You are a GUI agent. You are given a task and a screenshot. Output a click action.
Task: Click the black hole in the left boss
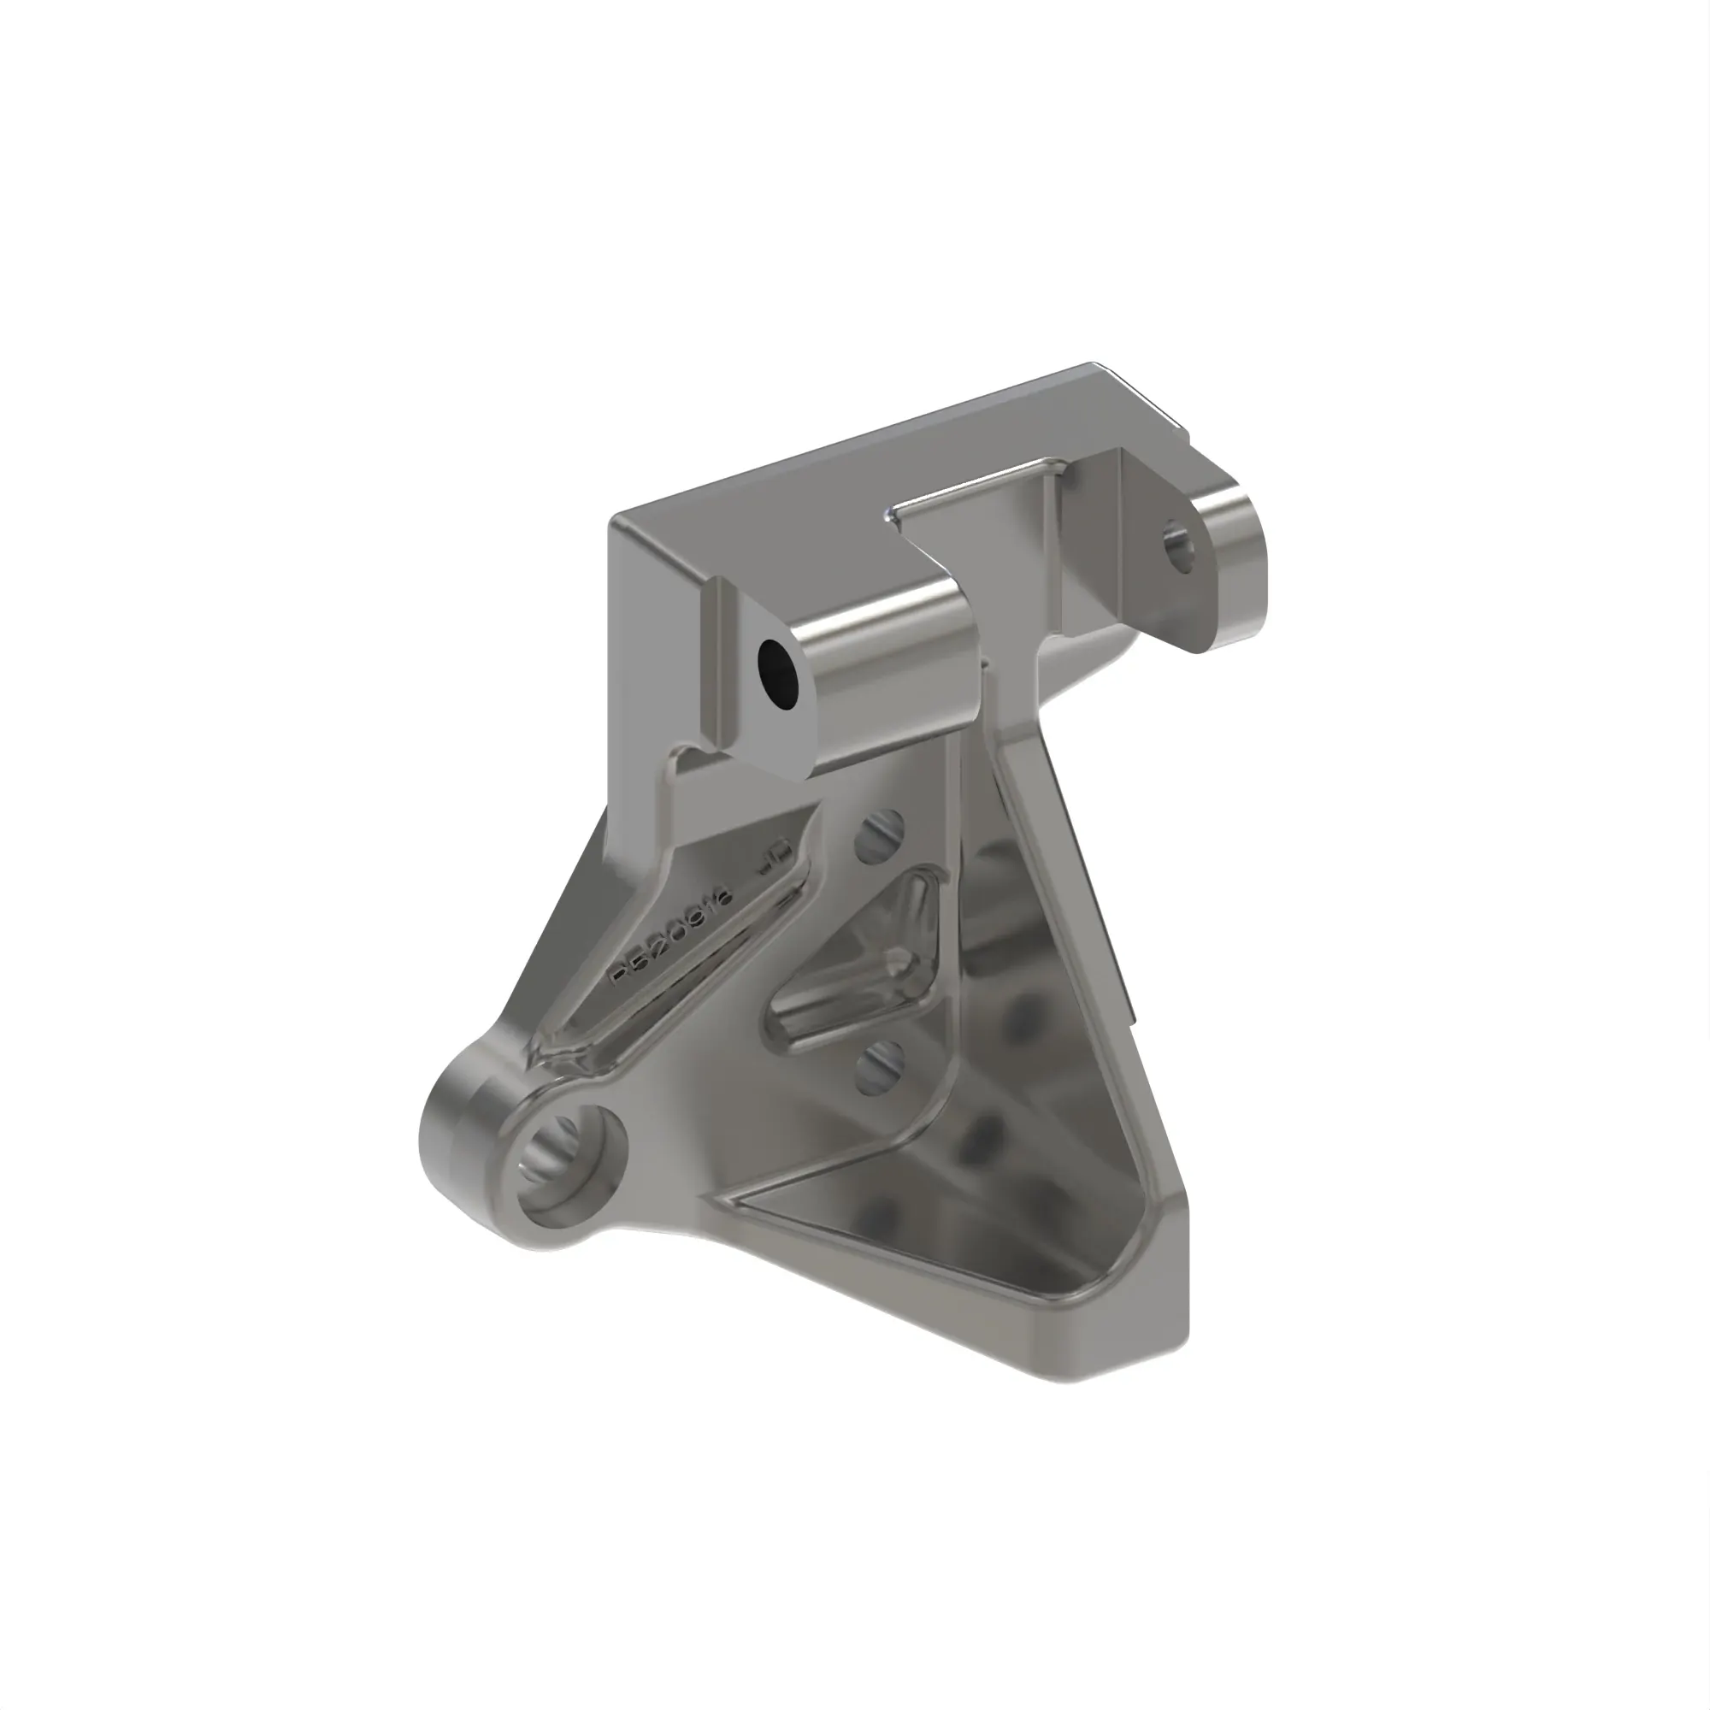click(x=779, y=673)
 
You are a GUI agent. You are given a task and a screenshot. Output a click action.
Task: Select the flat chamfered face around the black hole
click(x=752, y=708)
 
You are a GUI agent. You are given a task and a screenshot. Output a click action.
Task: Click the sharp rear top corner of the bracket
click(x=1090, y=365)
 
